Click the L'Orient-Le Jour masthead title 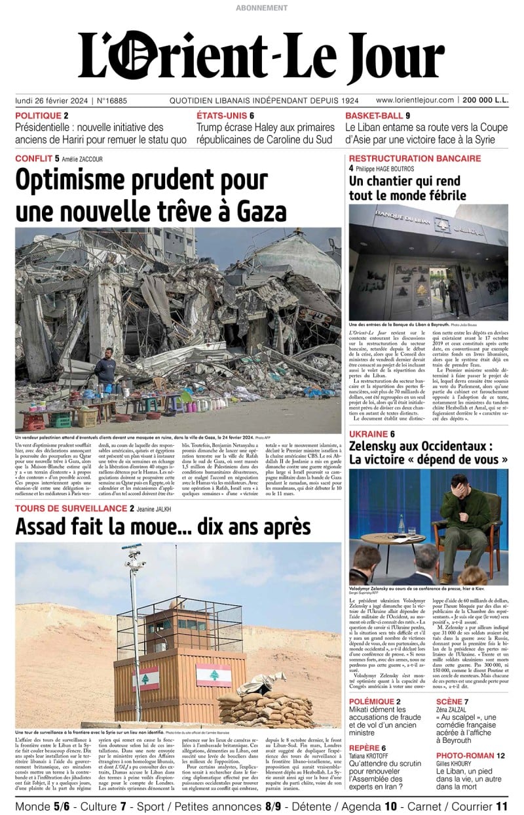(261, 56)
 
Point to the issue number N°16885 (112, 100)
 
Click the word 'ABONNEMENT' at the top (261, 8)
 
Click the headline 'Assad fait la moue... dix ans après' (162, 526)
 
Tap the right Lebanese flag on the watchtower (214, 675)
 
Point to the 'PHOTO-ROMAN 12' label (470, 755)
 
